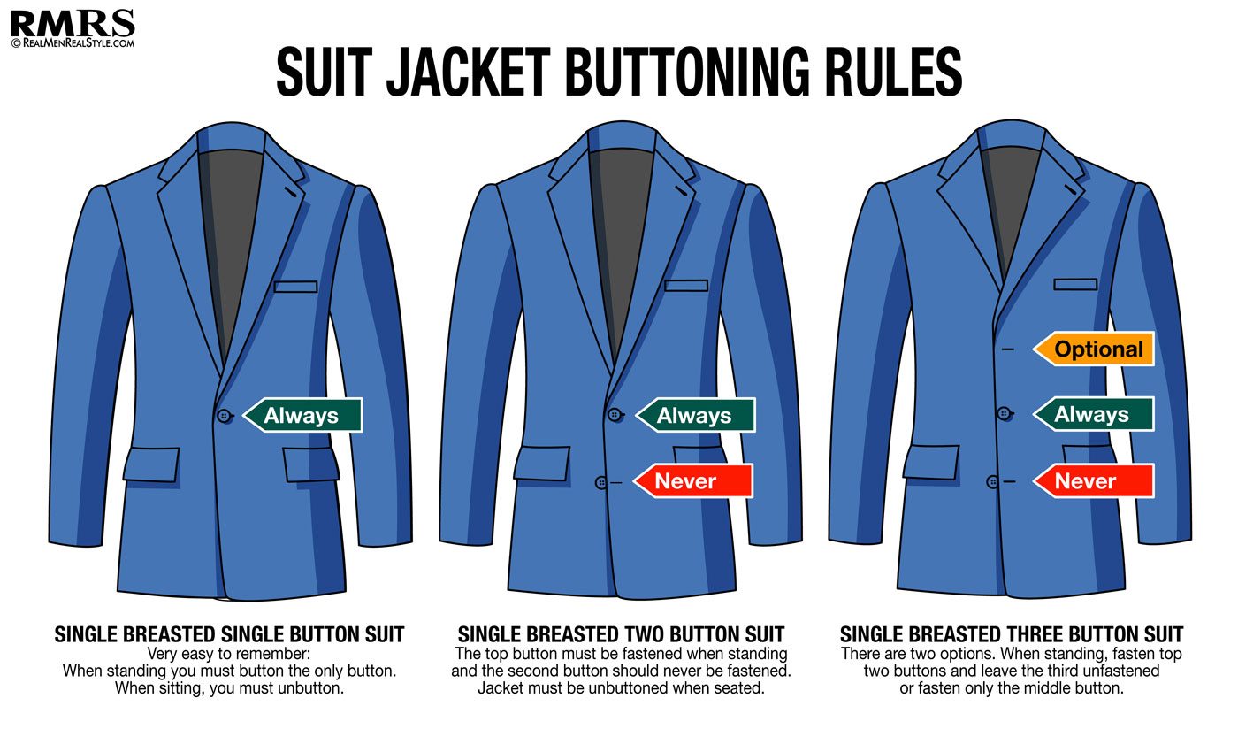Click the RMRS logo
[73, 24]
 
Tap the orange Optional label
[1094, 349]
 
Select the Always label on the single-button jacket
[302, 415]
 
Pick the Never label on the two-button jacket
[693, 481]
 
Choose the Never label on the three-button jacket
[1094, 481]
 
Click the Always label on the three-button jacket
[1094, 414]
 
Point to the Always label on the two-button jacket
[695, 415]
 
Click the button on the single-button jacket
[225, 416]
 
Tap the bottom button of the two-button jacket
[601, 483]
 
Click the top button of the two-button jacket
[615, 415]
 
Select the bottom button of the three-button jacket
[992, 482]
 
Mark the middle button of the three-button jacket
[1005, 414]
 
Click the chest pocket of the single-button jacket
[295, 287]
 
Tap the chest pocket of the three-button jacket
[1075, 284]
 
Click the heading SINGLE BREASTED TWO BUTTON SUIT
[621, 634]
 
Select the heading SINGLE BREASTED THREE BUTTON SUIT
[1012, 634]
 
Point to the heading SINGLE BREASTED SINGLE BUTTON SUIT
[229, 634]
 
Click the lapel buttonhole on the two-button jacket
[682, 191]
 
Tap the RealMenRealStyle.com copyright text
[73, 43]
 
